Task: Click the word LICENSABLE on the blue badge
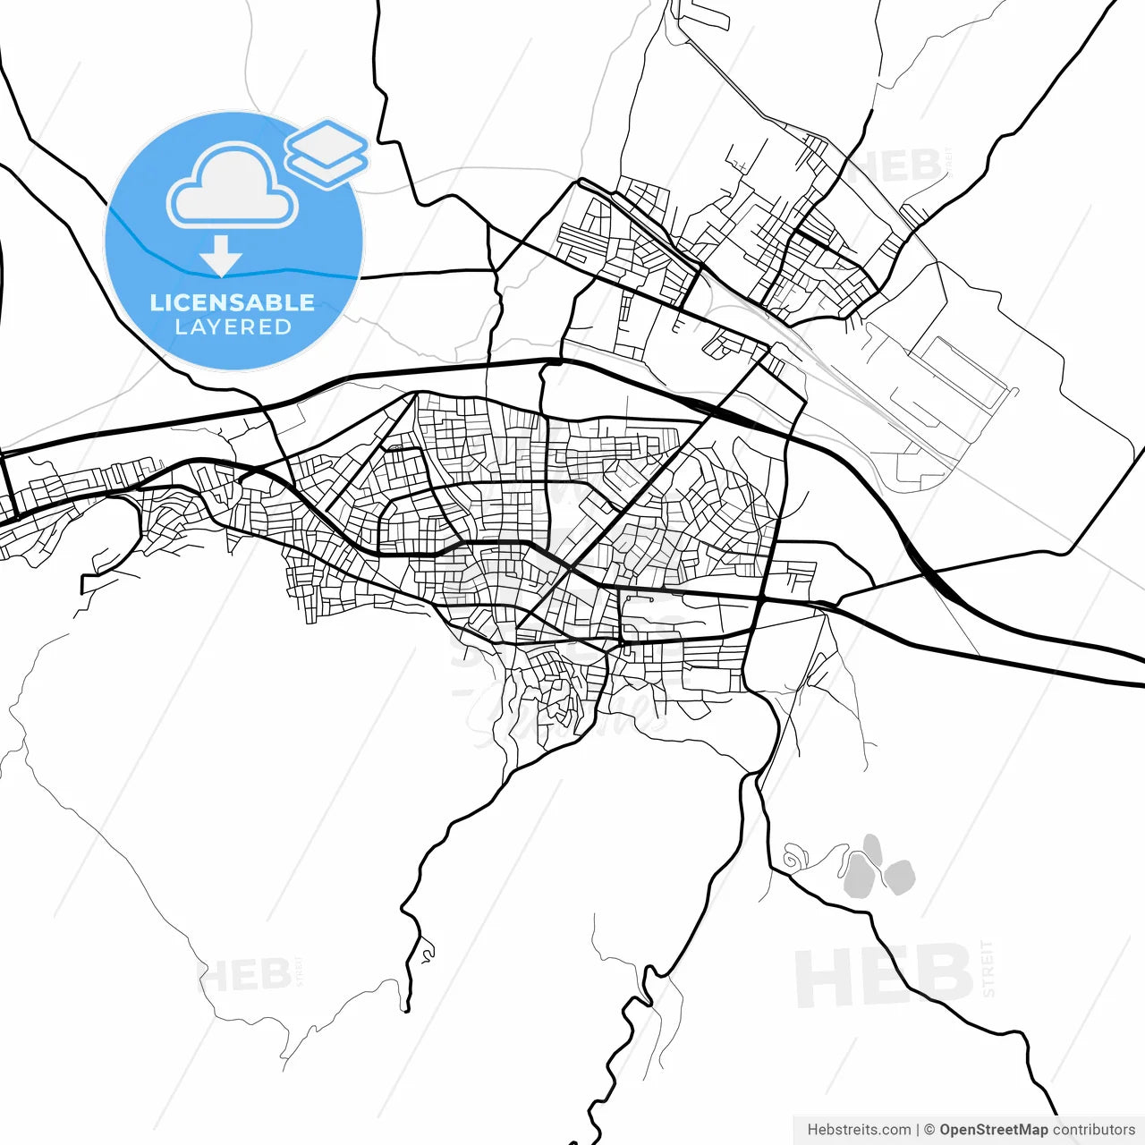(x=233, y=302)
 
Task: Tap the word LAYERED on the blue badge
(x=233, y=327)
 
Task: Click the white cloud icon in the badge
(x=233, y=186)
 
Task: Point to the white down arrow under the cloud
(x=221, y=256)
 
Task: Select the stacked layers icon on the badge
(x=327, y=153)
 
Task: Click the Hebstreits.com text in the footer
(x=859, y=1130)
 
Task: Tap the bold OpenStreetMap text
(x=993, y=1130)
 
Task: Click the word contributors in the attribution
(x=1093, y=1130)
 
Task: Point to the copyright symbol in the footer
(x=929, y=1130)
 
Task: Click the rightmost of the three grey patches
(x=899, y=877)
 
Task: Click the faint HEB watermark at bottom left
(x=244, y=975)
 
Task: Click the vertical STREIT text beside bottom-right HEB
(x=988, y=969)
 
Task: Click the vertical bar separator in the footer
(x=918, y=1130)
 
